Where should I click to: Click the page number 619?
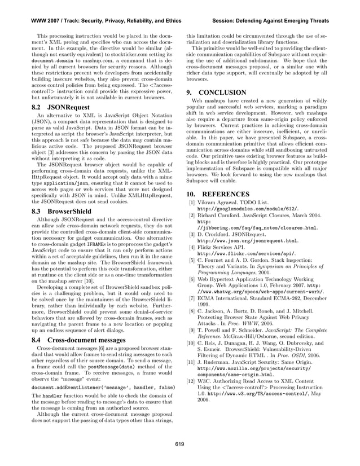(179, 444)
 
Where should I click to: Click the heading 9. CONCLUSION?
(216, 93)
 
